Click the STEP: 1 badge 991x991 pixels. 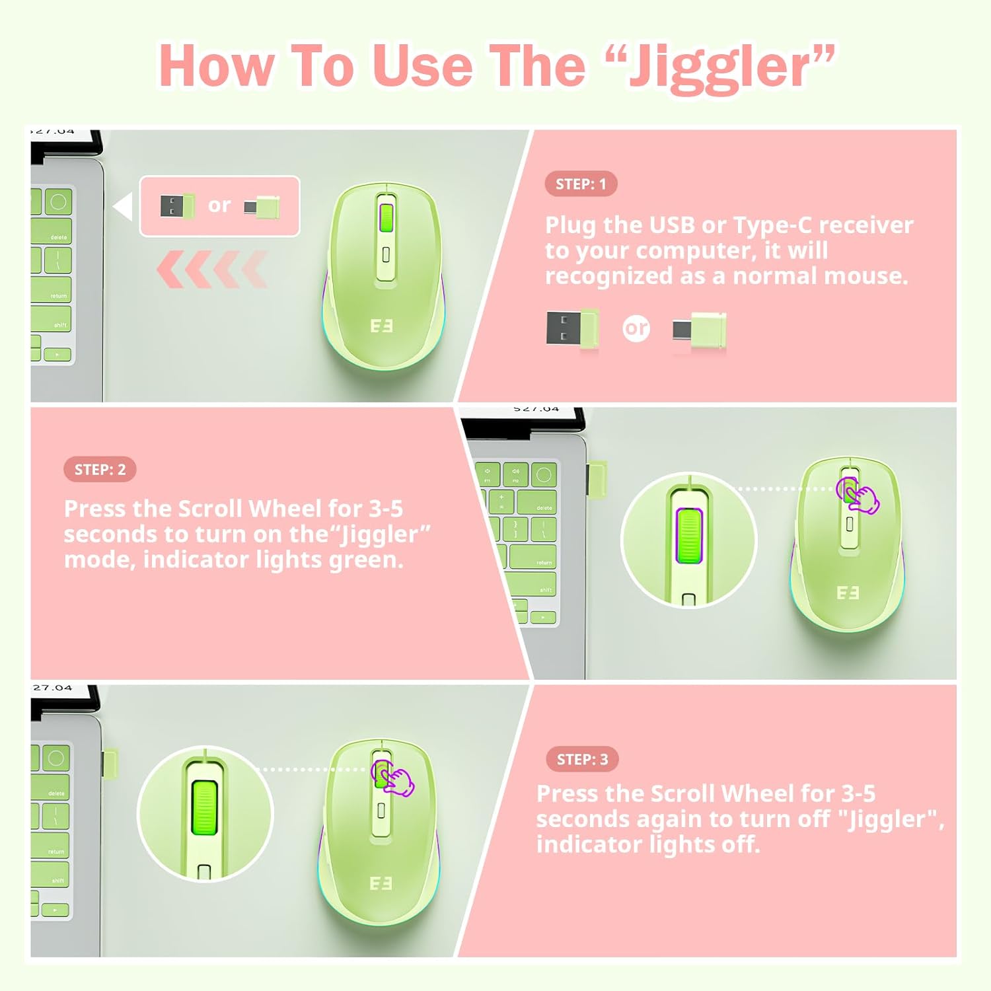(x=581, y=184)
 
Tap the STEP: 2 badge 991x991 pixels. (x=100, y=470)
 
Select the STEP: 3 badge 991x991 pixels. (x=582, y=759)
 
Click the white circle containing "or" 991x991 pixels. (x=636, y=328)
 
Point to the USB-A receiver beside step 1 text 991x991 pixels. (x=572, y=328)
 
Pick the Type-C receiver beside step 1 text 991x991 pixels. (x=699, y=330)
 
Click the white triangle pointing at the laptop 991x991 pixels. (x=124, y=207)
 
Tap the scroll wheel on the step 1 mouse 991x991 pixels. (x=386, y=218)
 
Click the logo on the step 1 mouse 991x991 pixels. (x=381, y=326)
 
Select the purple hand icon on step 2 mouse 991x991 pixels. (x=858, y=496)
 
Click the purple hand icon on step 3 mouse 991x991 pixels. (x=392, y=778)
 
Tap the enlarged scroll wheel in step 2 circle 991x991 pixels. (x=688, y=536)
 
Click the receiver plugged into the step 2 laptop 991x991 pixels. (x=597, y=479)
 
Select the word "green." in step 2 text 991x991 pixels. (x=367, y=560)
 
